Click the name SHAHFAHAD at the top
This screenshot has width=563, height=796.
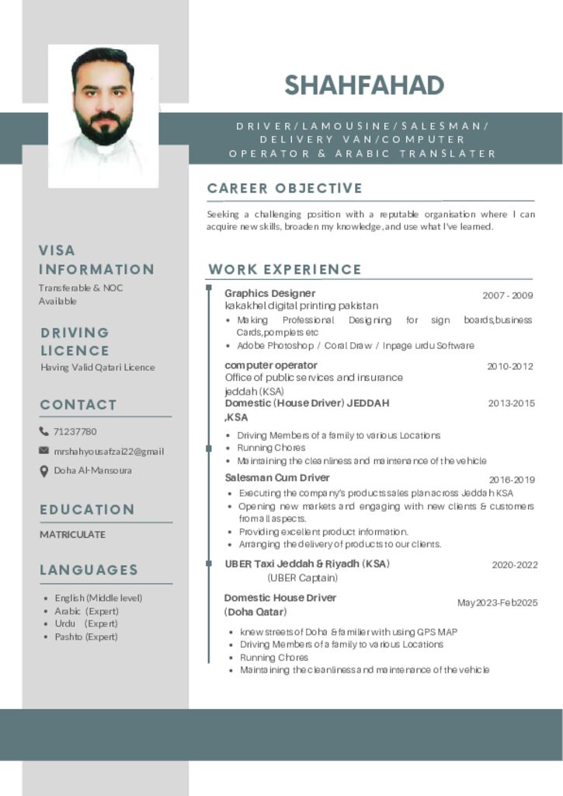(x=364, y=85)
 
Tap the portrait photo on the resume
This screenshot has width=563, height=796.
(x=103, y=115)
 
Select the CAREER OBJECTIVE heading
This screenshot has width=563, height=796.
(x=285, y=188)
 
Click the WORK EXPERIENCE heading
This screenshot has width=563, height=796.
(x=285, y=270)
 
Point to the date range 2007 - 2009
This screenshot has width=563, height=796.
(x=508, y=295)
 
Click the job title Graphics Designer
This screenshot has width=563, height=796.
(x=269, y=293)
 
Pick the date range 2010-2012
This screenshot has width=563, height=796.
(x=510, y=366)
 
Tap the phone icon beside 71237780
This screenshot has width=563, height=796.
(x=44, y=431)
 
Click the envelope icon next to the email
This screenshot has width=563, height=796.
(x=44, y=451)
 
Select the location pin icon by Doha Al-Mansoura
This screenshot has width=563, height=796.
(x=44, y=470)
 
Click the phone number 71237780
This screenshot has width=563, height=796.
(x=75, y=431)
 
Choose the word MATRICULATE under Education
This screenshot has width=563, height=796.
(x=73, y=535)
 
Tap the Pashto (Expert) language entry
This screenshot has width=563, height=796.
(x=86, y=637)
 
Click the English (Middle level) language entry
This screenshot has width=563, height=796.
(x=99, y=598)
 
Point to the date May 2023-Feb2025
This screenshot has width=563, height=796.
(x=497, y=603)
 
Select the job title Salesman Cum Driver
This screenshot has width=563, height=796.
(x=277, y=478)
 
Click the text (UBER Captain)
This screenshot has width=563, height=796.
(x=303, y=578)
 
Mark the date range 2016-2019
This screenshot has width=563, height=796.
(x=512, y=480)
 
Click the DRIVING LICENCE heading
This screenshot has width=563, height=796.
(x=75, y=341)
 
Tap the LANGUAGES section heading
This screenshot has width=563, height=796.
(x=89, y=570)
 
